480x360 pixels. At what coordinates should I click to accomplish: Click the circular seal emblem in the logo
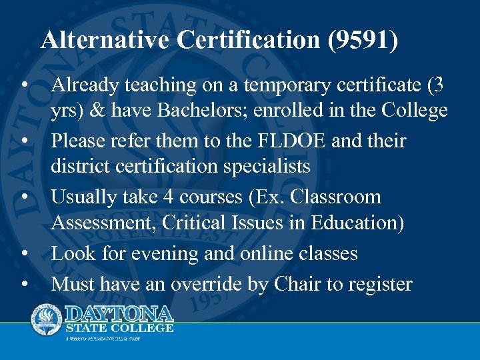pyautogui.click(x=47, y=319)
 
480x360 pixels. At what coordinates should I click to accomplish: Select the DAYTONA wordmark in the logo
pyautogui.click(x=119, y=313)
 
